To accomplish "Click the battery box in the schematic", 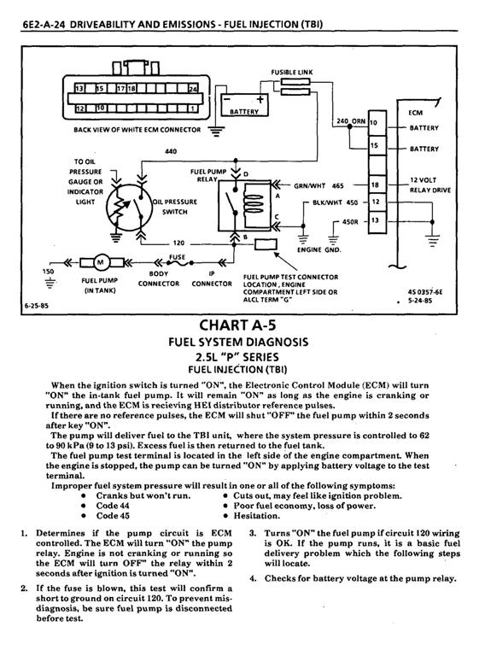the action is pos(244,104).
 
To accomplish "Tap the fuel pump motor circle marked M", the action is pos(101,262).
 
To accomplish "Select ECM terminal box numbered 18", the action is pos(377,184).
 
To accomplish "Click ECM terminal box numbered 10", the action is pos(377,123).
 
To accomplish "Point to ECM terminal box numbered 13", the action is pos(377,221).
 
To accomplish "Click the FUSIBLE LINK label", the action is pos(291,72).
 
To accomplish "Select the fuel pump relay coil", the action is pos(252,201).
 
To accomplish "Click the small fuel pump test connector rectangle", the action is pos(266,244).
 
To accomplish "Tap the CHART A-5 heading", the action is pos(238,325).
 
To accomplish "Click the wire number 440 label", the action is pos(171,151).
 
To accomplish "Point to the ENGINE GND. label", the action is pos(319,249).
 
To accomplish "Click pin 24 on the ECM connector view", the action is pos(193,89).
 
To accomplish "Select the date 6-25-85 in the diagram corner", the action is pos(37,306).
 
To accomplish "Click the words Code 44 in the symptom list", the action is pos(113,506).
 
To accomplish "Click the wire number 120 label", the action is pos(178,243).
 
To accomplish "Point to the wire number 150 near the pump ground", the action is pos(48,272).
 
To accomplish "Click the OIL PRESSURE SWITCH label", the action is pos(175,207).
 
